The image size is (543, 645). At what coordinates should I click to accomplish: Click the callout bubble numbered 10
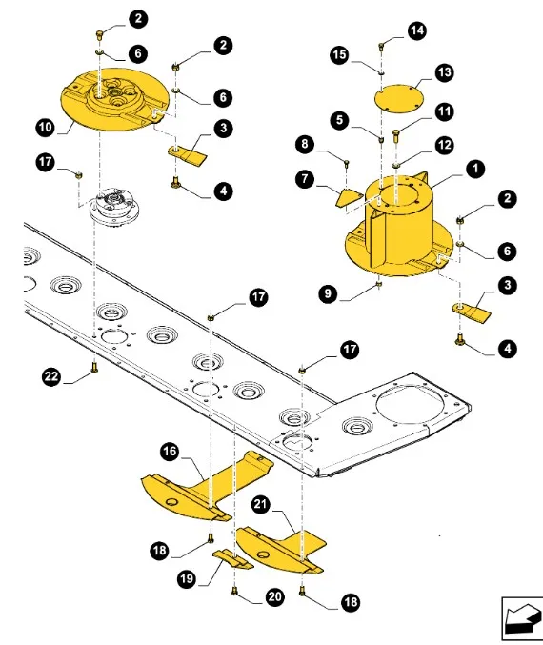pyautogui.click(x=46, y=127)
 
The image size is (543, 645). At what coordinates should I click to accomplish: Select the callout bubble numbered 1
pyautogui.click(x=476, y=169)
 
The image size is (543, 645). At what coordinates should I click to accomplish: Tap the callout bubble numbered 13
pyautogui.click(x=444, y=72)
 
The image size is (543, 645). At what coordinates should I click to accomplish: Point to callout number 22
pyautogui.click(x=51, y=376)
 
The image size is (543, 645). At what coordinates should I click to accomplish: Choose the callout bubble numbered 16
pyautogui.click(x=170, y=452)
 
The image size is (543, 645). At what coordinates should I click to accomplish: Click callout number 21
pyautogui.click(x=260, y=504)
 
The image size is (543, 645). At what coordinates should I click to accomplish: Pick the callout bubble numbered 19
pyautogui.click(x=187, y=578)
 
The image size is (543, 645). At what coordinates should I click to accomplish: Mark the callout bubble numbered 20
pyautogui.click(x=274, y=596)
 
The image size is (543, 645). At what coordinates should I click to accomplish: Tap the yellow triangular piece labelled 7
pyautogui.click(x=349, y=197)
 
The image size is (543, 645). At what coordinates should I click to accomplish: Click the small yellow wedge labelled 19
pyautogui.click(x=232, y=559)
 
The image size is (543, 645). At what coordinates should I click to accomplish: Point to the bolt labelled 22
pyautogui.click(x=94, y=367)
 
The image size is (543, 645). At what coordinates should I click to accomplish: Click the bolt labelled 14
pyautogui.click(x=381, y=47)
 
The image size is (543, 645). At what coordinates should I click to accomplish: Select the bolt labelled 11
pyautogui.click(x=396, y=135)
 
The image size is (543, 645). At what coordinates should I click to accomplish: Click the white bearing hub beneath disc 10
pyautogui.click(x=112, y=207)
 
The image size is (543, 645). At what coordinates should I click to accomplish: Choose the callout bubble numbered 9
pyautogui.click(x=328, y=293)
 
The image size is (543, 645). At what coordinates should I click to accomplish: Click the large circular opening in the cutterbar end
pyautogui.click(x=411, y=407)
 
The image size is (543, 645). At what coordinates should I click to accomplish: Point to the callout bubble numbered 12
pyautogui.click(x=444, y=145)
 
